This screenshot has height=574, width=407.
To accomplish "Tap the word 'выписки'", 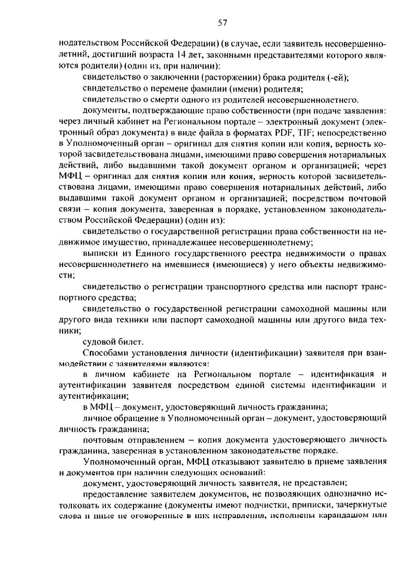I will coord(99,253).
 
